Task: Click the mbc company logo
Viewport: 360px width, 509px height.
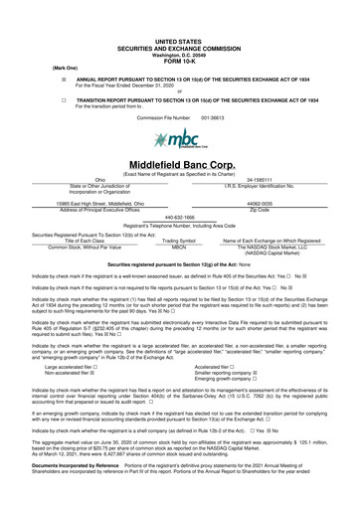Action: click(179, 139)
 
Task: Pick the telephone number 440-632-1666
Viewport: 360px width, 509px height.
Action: click(179, 217)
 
